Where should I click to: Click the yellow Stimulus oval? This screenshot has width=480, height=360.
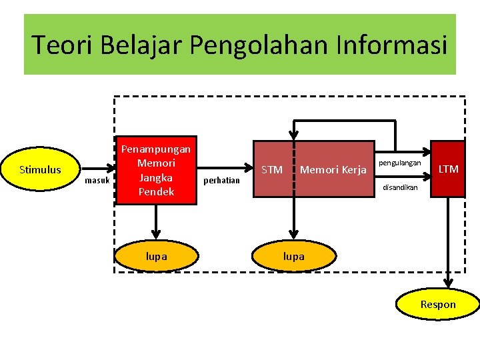tap(40, 169)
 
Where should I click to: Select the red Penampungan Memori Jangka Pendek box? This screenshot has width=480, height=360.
tap(156, 170)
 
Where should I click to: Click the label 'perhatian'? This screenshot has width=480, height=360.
tap(221, 181)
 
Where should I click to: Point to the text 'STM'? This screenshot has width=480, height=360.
tap(272, 170)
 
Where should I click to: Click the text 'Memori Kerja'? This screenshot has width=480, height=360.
tap(333, 170)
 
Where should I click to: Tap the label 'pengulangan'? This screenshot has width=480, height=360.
tap(400, 163)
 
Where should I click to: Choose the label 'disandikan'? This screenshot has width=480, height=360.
tap(400, 187)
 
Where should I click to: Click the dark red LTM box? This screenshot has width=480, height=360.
tap(448, 169)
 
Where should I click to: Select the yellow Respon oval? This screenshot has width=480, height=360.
tap(438, 305)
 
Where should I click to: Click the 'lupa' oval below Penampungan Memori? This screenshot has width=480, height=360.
tap(156, 257)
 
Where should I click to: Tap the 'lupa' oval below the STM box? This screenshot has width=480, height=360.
tap(293, 257)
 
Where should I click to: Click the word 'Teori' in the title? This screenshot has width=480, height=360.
tap(56, 45)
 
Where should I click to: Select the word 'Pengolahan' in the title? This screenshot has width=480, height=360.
tap(256, 45)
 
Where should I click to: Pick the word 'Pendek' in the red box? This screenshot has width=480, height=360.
tap(156, 192)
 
